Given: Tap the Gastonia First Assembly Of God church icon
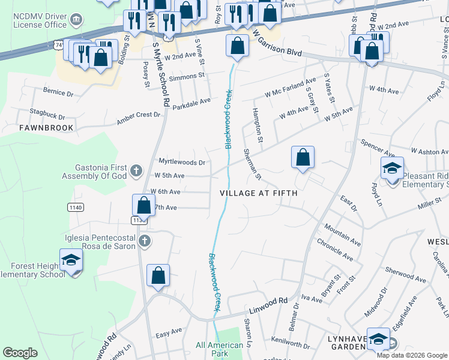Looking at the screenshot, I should (x=136, y=171).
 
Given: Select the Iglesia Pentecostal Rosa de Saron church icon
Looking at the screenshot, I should (x=144, y=241).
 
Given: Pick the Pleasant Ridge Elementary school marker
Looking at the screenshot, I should (x=392, y=169).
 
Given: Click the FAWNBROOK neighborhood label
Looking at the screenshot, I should (x=46, y=128).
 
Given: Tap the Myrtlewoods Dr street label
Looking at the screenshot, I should (x=182, y=162).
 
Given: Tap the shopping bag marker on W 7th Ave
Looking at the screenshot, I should (x=144, y=206).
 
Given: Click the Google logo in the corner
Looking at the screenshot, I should (x=20, y=353).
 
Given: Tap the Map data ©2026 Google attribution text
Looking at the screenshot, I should (x=412, y=355).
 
